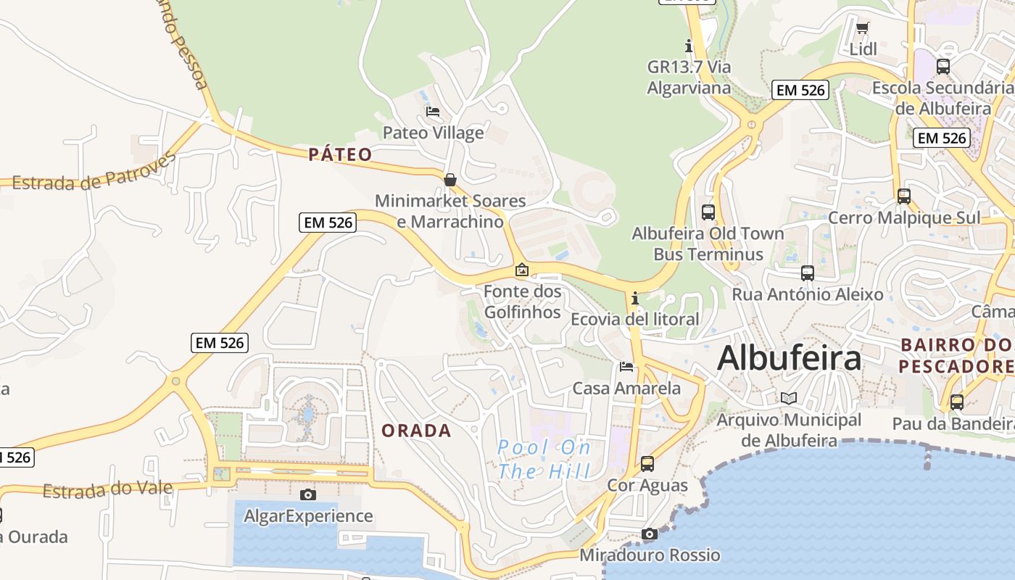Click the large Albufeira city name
click(790, 358)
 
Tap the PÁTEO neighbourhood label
click(340, 154)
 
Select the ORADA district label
click(416, 431)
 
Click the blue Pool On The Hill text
click(544, 460)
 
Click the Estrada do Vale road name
click(107, 490)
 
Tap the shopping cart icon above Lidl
click(862, 28)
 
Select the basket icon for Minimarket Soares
click(450, 180)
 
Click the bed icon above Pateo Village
click(433, 112)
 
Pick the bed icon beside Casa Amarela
click(626, 367)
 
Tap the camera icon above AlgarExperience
click(308, 494)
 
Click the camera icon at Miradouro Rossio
click(650, 534)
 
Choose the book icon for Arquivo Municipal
click(788, 398)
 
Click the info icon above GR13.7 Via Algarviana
click(689, 46)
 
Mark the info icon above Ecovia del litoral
click(635, 298)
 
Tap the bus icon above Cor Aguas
click(647, 463)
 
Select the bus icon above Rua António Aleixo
click(808, 273)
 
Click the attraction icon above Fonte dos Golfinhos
click(521, 270)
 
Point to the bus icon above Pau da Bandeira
click(957, 402)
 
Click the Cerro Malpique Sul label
click(903, 217)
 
